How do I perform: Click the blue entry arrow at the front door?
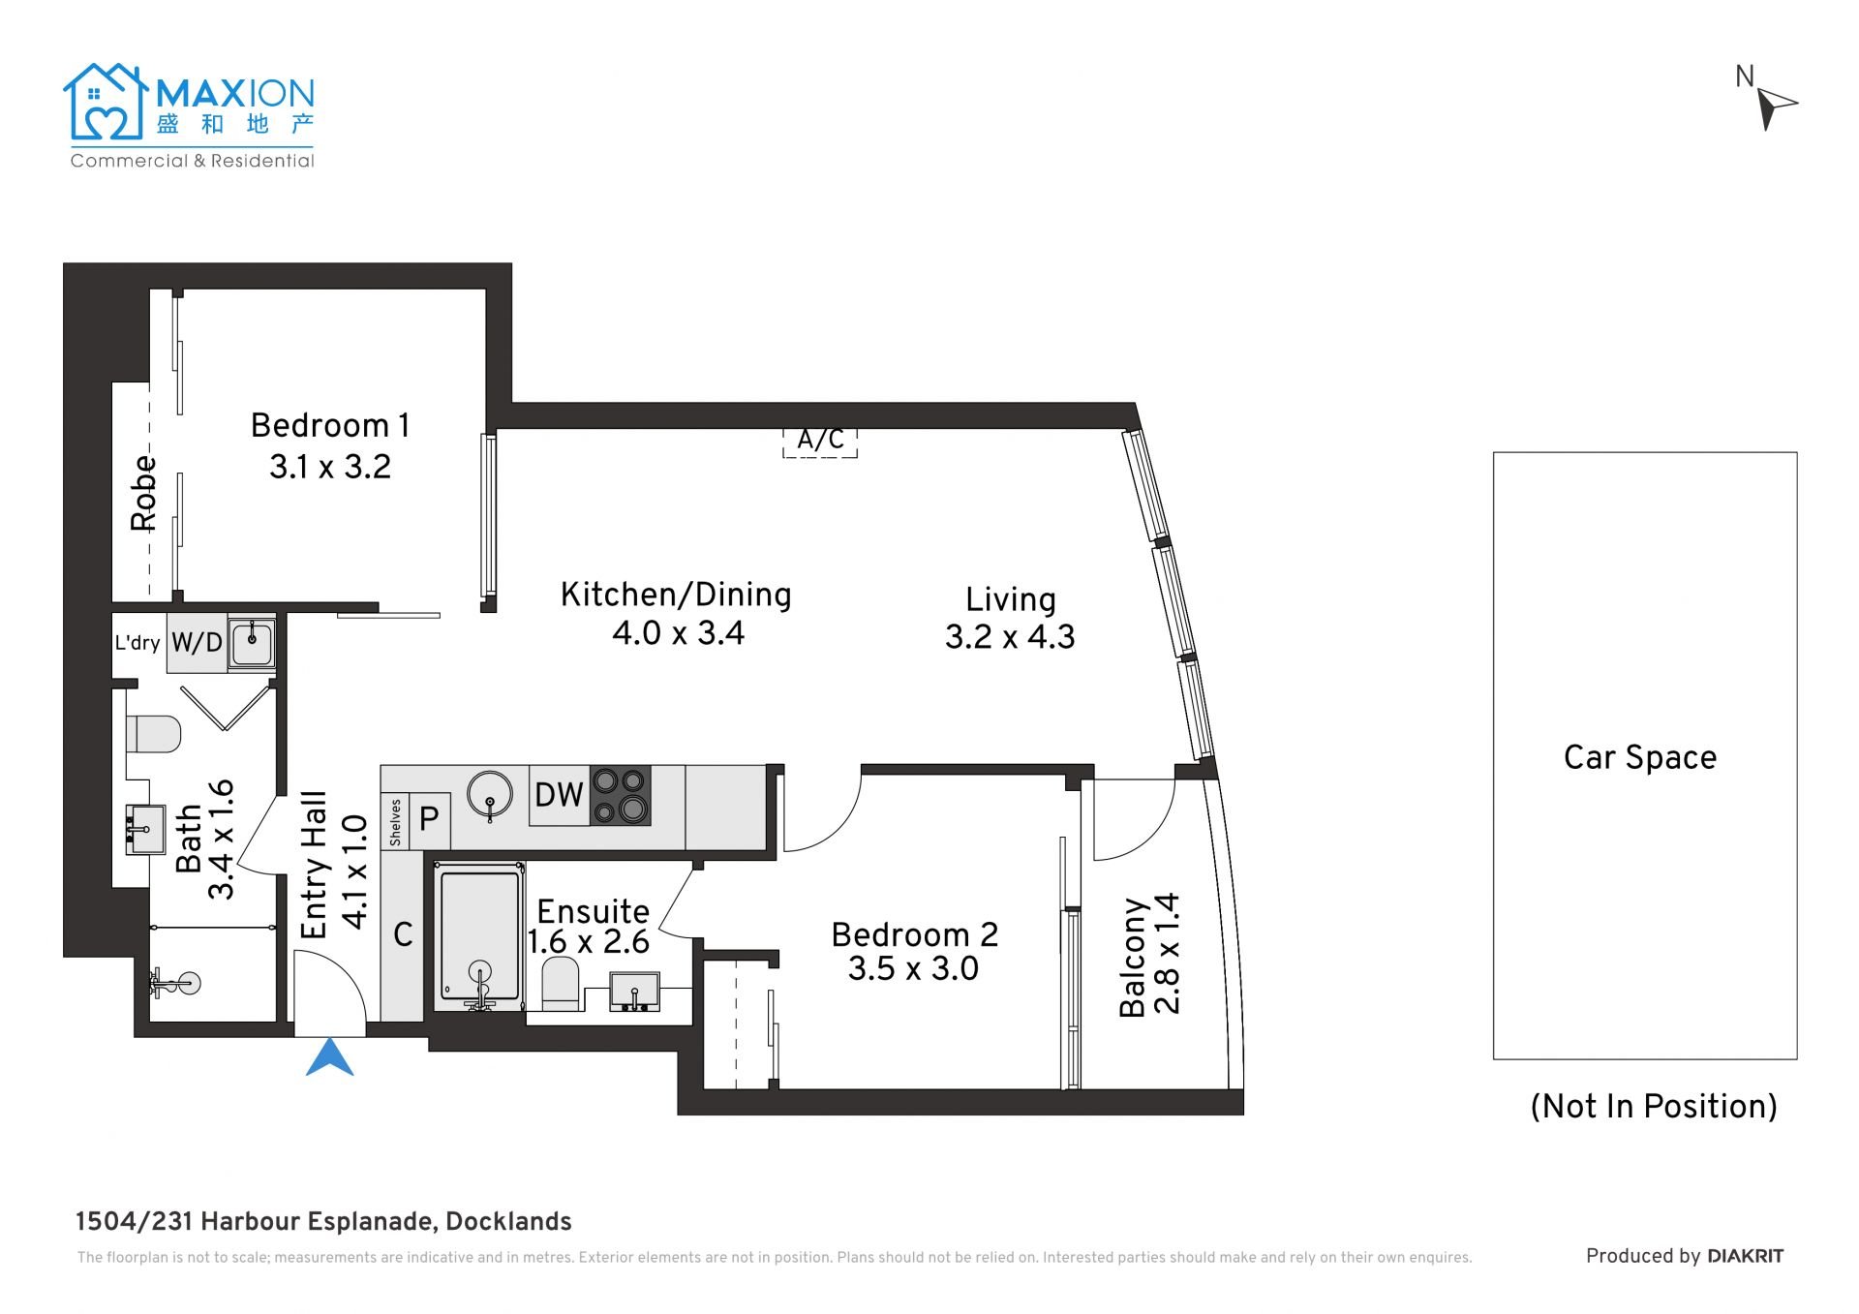[330, 1059]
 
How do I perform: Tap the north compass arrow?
[1775, 107]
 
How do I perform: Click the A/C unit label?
[820, 441]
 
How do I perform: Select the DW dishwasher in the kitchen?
[559, 795]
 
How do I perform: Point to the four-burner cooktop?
[620, 795]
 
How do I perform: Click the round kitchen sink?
[490, 795]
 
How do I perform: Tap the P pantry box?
[430, 820]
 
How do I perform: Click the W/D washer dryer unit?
[197, 642]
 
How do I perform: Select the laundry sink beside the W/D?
[252, 642]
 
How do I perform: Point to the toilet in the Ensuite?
[561, 983]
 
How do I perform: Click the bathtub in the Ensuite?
[479, 935]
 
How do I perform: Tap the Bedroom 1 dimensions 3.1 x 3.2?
[330, 467]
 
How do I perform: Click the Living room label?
[1011, 599]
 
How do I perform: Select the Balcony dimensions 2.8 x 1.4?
[1168, 954]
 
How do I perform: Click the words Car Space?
[1640, 757]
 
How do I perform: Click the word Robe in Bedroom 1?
[143, 493]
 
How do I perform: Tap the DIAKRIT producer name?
[1746, 1257]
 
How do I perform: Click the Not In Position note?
[1654, 1107]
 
